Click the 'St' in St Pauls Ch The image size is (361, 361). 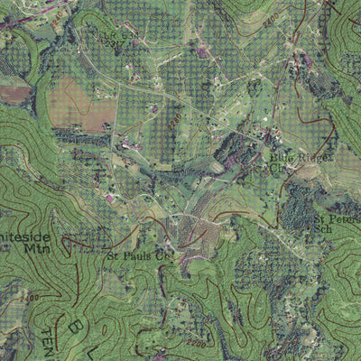pyautogui.click(x=115, y=256)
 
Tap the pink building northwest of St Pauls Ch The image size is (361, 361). pyautogui.click(x=110, y=198)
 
